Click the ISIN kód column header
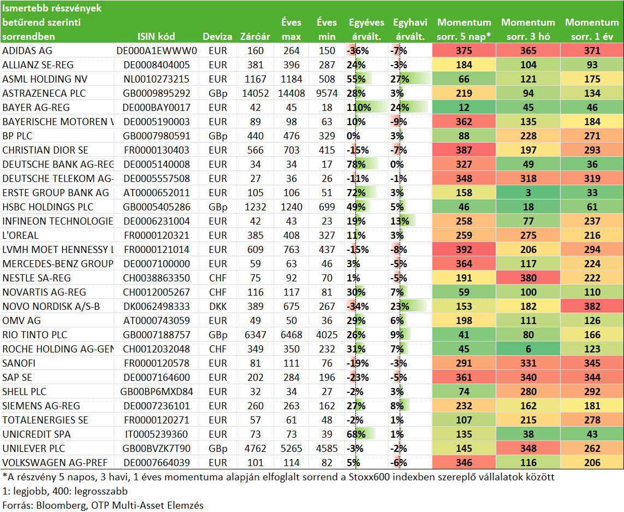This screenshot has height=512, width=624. pyautogui.click(x=156, y=37)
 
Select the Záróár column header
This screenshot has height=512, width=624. pyautogui.click(x=255, y=37)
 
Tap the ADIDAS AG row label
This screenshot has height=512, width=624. pyautogui.click(x=27, y=51)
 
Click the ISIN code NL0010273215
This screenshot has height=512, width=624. pyautogui.click(x=156, y=79)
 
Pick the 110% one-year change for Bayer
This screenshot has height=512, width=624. pyautogui.click(x=359, y=108)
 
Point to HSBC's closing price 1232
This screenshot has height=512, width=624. pyautogui.click(x=255, y=207)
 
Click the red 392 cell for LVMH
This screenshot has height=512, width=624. pyautogui.click(x=464, y=250)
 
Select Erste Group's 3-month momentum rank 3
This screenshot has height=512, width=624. pyautogui.click(x=528, y=193)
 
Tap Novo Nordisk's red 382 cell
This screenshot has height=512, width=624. pyautogui.click(x=592, y=307)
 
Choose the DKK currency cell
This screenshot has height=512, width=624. pyautogui.click(x=218, y=307)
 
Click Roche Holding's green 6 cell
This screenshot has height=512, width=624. pyautogui.click(x=528, y=349)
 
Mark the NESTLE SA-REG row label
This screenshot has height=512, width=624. pyautogui.click(x=37, y=278)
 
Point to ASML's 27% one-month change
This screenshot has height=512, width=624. pyautogui.click(x=400, y=79)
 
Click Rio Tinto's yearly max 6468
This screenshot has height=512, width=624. pyautogui.click(x=292, y=335)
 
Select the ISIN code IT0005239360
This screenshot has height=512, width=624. pyautogui.click(x=156, y=435)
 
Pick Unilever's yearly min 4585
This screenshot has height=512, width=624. pyautogui.click(x=326, y=449)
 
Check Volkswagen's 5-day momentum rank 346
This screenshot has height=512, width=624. pyautogui.click(x=464, y=463)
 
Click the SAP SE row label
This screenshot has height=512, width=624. pyautogui.click(x=17, y=378)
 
